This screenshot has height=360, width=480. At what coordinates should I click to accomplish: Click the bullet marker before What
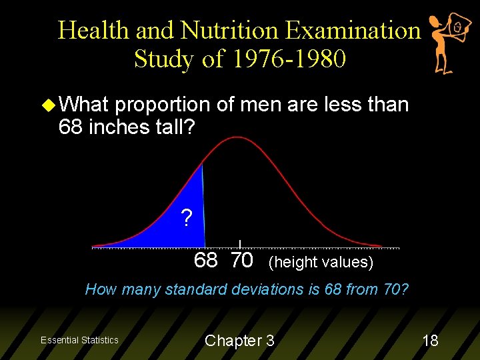click(49, 105)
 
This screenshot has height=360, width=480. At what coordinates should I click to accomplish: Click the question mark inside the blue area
click(187, 217)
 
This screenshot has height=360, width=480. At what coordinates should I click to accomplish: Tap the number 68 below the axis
click(205, 261)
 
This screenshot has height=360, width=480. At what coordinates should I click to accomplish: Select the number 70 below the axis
click(241, 261)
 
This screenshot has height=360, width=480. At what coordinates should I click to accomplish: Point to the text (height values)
click(321, 262)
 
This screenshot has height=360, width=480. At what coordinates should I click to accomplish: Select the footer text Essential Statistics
click(79, 340)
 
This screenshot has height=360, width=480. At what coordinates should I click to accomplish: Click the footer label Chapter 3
click(239, 341)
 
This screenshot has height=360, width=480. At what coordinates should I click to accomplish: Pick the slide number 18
click(430, 341)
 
